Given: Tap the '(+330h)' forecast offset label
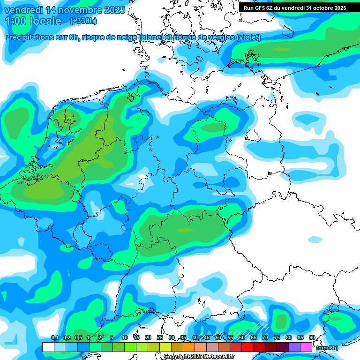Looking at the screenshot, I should pos(83,21).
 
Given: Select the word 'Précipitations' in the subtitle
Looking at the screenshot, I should pos(30,37).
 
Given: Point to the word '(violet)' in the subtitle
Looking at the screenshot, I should pos(249,37).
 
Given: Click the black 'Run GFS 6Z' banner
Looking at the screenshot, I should pos(294,8).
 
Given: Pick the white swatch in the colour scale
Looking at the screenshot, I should pos(48,347).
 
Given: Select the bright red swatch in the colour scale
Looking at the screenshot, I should pos(247,347).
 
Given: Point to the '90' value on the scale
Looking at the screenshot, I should pos(312,338).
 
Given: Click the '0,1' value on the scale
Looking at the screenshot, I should pos(54,338).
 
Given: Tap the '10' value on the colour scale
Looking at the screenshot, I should pos(125,338).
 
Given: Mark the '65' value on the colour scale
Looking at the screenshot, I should pos(253,338).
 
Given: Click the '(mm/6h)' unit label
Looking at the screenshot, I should pos(327,348).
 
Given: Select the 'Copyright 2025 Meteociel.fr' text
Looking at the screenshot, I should pos(199,357).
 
